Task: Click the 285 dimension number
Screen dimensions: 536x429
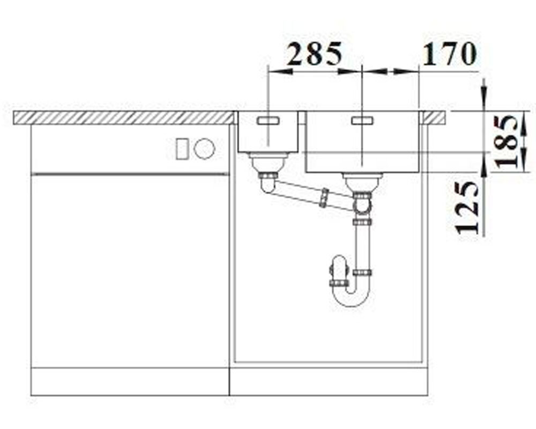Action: [x=315, y=54]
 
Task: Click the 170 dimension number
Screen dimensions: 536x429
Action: [x=449, y=54]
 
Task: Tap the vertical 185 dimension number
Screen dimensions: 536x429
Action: [x=506, y=141]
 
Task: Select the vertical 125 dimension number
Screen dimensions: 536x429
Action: [x=467, y=207]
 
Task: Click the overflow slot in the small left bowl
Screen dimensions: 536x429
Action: [x=269, y=121]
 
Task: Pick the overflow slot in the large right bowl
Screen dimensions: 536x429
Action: [x=362, y=121]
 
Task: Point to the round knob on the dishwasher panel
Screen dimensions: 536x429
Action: [x=204, y=149]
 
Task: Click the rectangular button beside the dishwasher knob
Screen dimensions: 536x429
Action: [x=182, y=149]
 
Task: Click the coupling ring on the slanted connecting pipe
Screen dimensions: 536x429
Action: [x=323, y=198]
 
